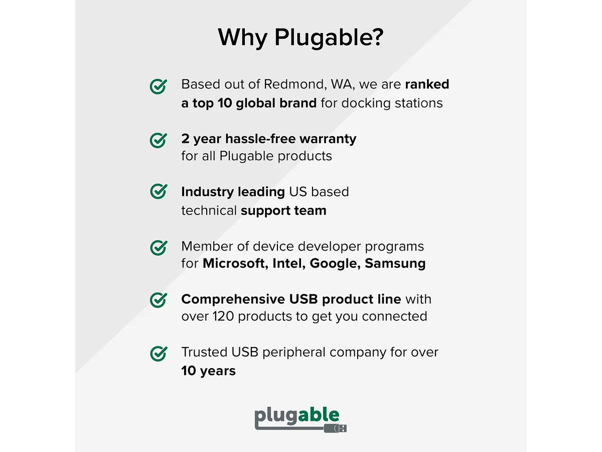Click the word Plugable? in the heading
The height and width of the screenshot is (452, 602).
tap(329, 38)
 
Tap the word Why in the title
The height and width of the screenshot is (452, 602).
tap(242, 38)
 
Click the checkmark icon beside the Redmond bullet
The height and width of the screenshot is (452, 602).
tap(158, 86)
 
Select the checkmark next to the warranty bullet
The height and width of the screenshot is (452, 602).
tap(158, 140)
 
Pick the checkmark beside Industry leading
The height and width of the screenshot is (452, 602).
tap(158, 191)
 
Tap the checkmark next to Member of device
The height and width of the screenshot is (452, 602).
tap(158, 248)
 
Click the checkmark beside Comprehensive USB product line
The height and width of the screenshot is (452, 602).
tap(158, 300)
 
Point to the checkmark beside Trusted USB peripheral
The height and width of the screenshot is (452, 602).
tap(158, 354)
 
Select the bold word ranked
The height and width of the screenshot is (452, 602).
tap(427, 84)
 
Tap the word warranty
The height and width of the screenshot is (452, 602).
tap(328, 139)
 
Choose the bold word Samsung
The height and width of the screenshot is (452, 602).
tap(395, 264)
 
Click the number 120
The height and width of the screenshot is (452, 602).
tap(223, 316)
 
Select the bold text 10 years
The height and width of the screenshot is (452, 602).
tap(208, 371)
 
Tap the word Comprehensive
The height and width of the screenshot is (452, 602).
tap(233, 299)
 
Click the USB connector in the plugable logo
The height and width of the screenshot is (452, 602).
tap(335, 428)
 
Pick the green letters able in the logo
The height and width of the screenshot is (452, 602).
tap(319, 415)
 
